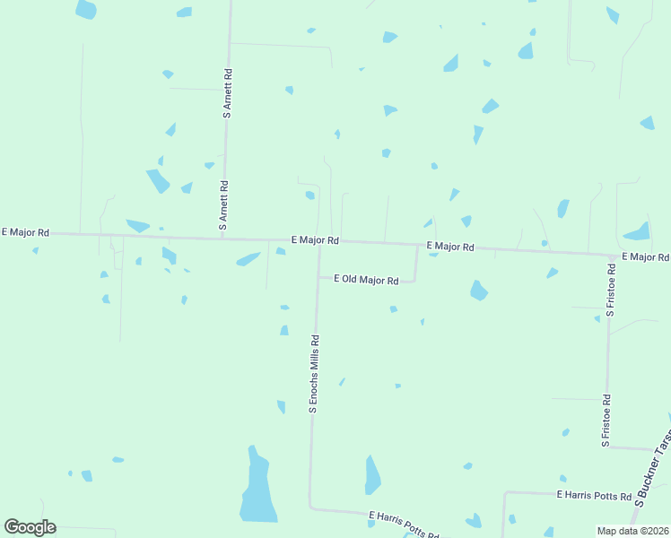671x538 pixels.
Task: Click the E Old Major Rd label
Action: click(x=366, y=280)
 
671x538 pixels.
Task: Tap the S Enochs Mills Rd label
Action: click(x=314, y=373)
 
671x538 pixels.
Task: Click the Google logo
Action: click(x=30, y=526)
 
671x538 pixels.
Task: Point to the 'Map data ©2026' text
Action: click(x=632, y=531)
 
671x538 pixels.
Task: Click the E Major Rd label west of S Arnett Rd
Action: click(x=25, y=232)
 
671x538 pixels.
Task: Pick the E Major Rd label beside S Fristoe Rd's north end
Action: click(x=645, y=257)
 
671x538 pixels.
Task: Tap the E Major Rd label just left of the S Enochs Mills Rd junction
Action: click(x=315, y=240)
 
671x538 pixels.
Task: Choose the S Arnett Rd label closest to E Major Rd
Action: click(x=224, y=206)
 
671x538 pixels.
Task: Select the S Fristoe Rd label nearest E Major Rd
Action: click(x=611, y=290)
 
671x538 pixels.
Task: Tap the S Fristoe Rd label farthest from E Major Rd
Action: click(x=606, y=421)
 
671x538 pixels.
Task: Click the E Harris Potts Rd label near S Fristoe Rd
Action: click(x=594, y=494)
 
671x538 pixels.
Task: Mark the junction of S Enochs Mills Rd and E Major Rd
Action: click(x=319, y=241)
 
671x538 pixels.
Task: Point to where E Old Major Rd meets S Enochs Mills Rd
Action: click(x=318, y=277)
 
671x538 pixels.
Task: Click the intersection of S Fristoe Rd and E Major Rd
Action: click(x=611, y=255)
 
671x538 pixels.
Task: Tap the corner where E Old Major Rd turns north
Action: click(x=415, y=281)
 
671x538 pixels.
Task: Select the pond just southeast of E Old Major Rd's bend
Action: click(x=478, y=291)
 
